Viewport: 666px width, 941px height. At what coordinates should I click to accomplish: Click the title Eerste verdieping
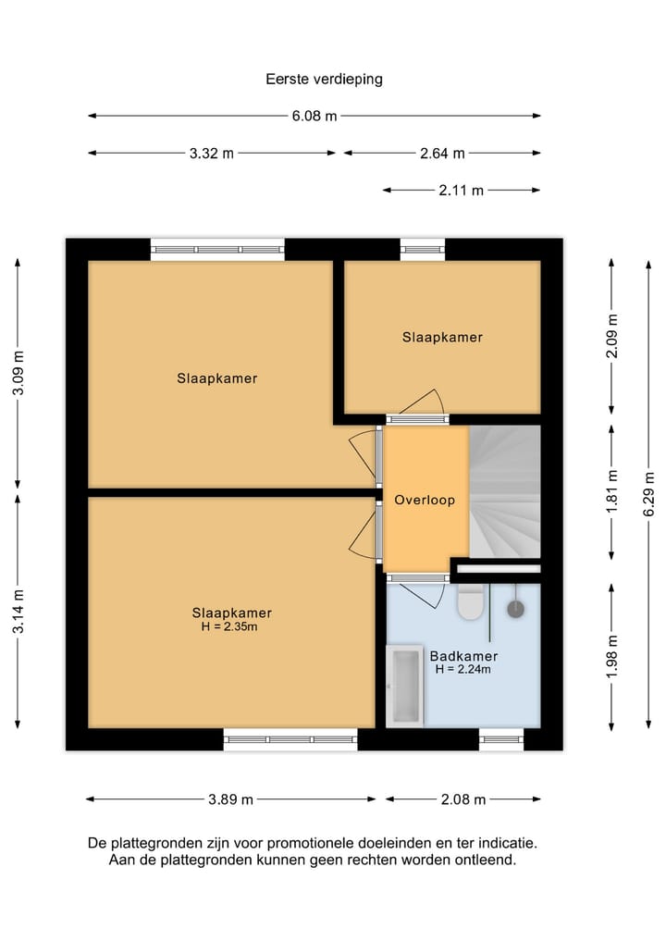324,80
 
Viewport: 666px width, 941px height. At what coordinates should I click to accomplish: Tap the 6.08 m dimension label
314,116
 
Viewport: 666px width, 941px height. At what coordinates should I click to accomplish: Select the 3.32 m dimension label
212,153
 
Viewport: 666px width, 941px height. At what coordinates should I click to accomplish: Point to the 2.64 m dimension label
442,153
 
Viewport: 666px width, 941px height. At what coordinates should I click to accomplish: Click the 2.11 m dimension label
461,191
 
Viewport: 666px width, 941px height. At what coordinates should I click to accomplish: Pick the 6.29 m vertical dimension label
648,494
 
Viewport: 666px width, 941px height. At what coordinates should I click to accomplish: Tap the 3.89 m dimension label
231,799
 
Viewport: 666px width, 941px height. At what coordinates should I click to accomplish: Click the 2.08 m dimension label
463,799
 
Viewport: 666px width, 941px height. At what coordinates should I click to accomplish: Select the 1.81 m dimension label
611,492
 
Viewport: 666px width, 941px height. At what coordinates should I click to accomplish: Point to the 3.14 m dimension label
18,611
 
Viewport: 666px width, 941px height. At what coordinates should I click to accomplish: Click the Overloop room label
425,500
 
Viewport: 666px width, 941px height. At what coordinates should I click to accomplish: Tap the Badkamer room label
463,656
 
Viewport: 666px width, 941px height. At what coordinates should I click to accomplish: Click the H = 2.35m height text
229,626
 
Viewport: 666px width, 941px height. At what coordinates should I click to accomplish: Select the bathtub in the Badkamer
405,687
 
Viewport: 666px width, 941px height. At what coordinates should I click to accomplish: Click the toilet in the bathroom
471,601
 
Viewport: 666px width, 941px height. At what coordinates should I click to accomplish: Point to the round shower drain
515,609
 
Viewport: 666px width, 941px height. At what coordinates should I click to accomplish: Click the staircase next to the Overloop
505,492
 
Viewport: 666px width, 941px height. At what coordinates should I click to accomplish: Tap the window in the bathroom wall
501,739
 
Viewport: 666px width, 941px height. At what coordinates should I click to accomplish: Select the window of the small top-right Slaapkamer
423,249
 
